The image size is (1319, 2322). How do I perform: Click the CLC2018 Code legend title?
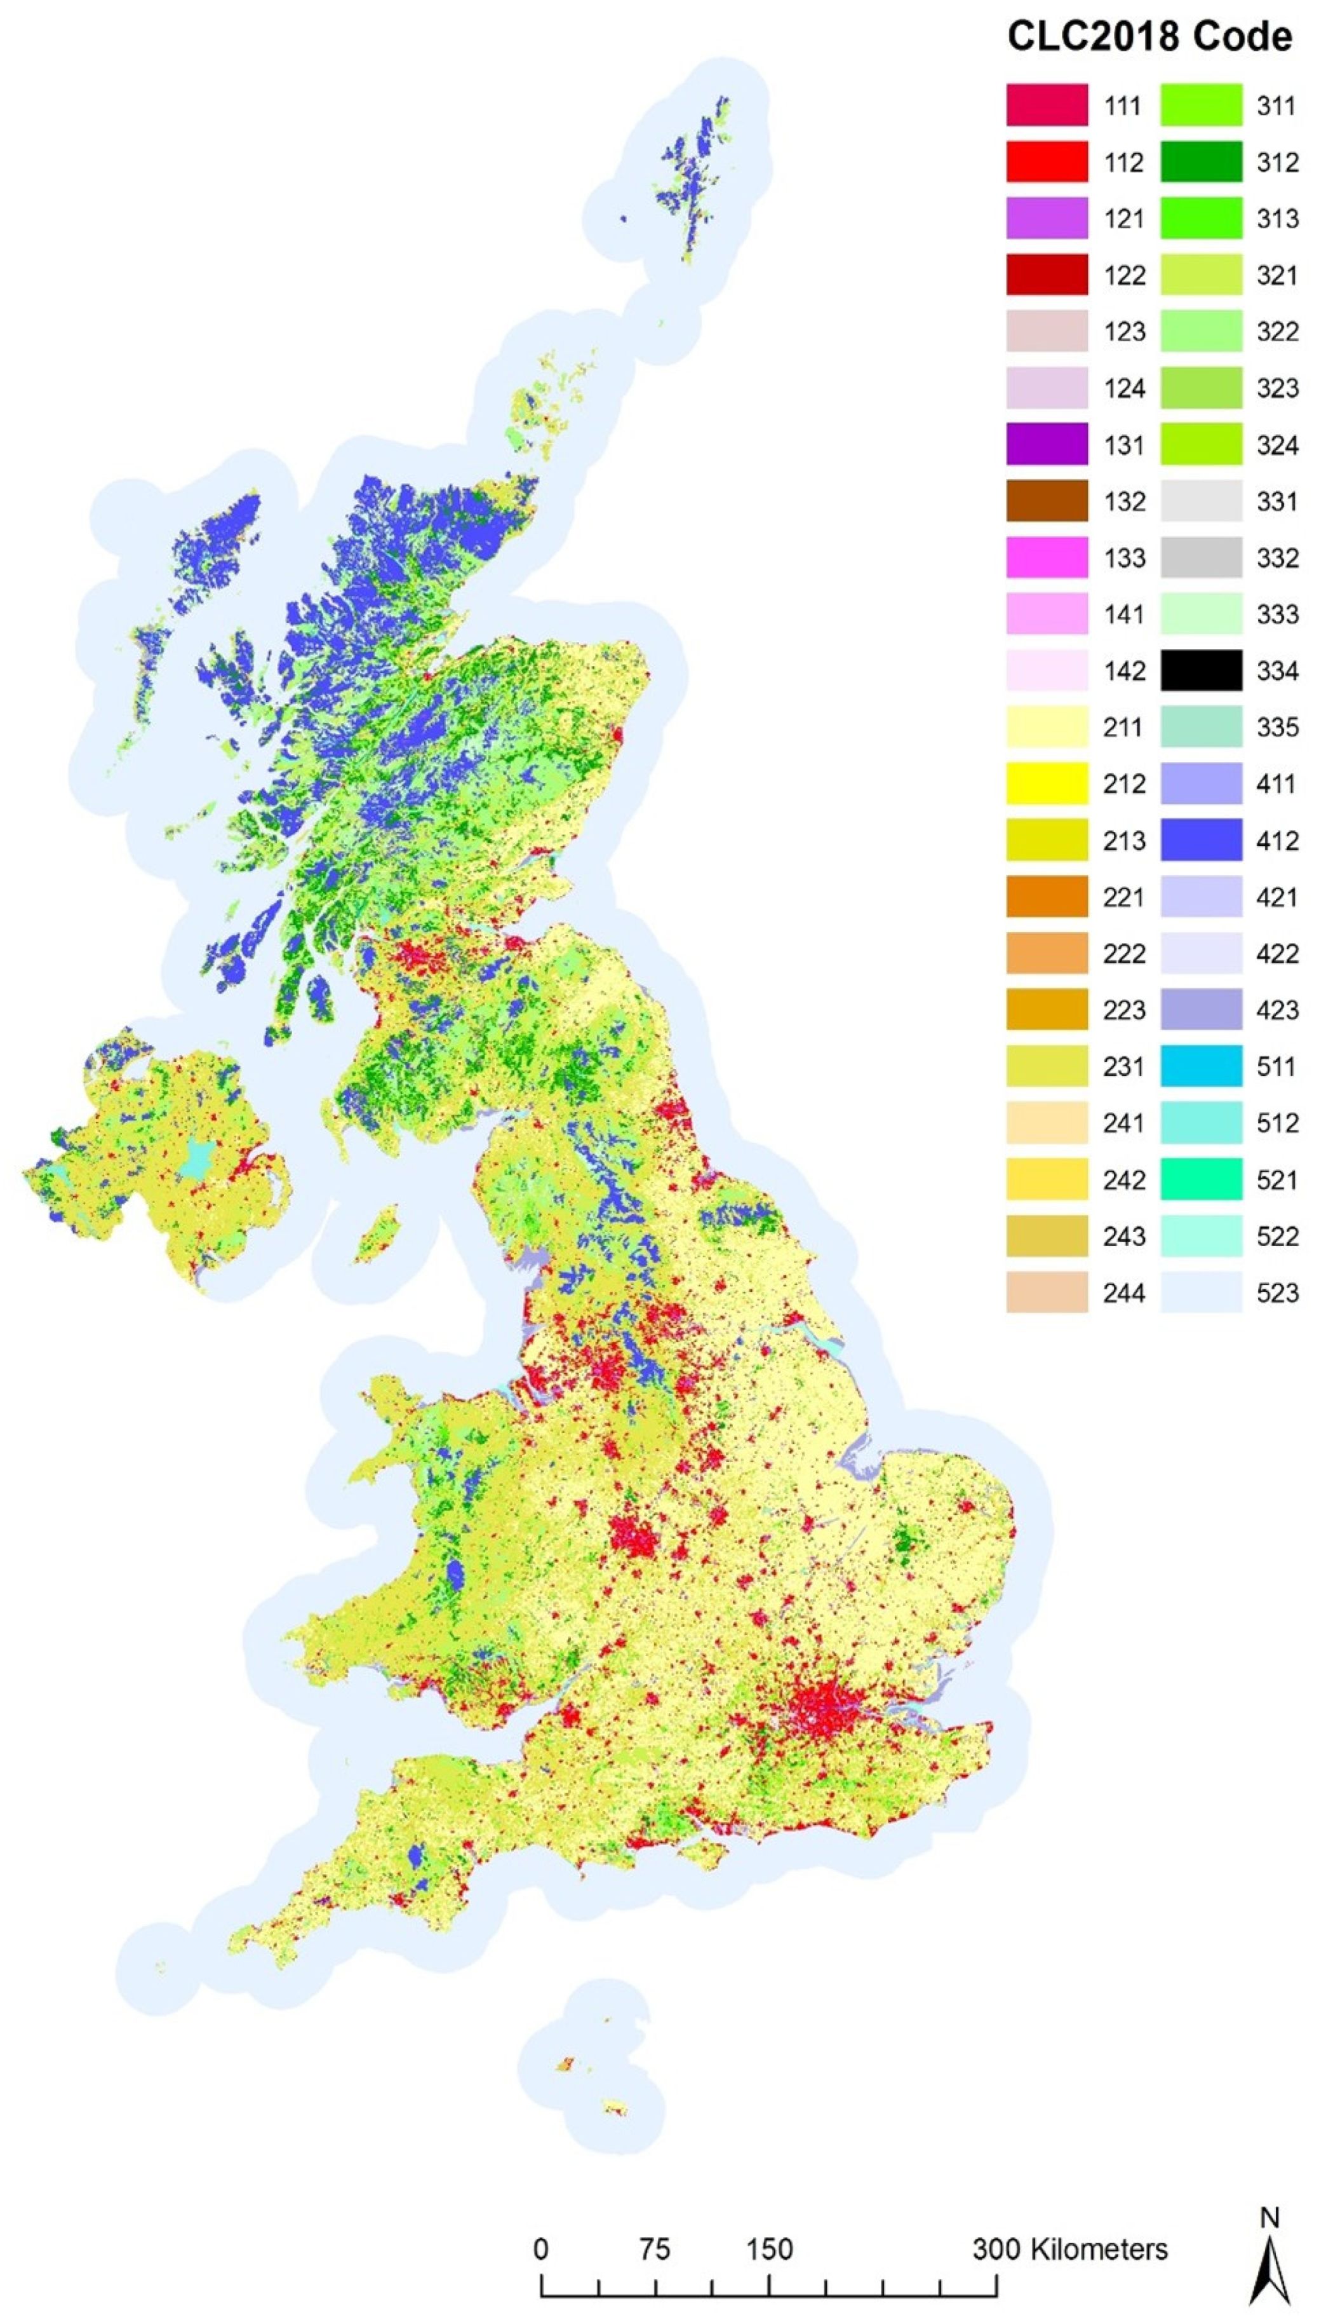pyautogui.click(x=1149, y=37)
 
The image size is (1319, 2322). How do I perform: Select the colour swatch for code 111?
pyautogui.click(x=1047, y=105)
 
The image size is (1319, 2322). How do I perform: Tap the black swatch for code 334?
pyautogui.click(x=1202, y=670)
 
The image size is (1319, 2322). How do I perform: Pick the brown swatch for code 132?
pyautogui.click(x=1047, y=501)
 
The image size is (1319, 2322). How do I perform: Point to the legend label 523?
pyautogui.click(x=1277, y=1293)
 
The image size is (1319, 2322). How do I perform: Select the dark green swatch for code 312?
pyautogui.click(x=1202, y=162)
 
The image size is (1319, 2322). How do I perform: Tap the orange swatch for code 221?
pyautogui.click(x=1047, y=897)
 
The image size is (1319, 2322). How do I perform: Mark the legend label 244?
pyautogui.click(x=1124, y=1293)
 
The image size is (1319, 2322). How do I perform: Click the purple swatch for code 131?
pyautogui.click(x=1047, y=445)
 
